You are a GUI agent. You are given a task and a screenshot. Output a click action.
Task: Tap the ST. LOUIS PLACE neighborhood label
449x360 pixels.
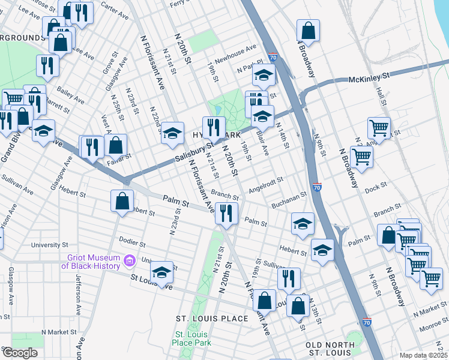[x=211, y=318]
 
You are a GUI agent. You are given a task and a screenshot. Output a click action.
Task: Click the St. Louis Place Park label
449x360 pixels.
[x=191, y=339]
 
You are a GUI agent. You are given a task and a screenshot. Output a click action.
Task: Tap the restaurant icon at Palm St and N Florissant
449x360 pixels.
[x=226, y=214]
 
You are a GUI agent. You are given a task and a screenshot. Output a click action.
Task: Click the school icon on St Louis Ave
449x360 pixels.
[x=161, y=272]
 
